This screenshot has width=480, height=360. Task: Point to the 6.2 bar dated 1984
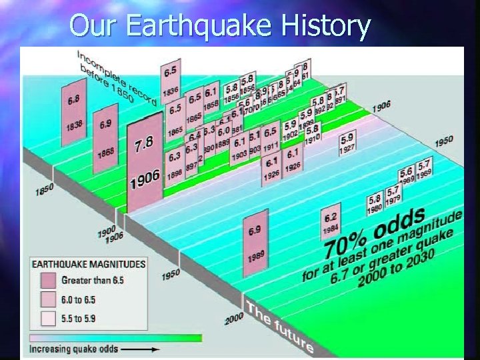(x=330, y=223)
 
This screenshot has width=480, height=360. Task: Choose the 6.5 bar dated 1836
(x=170, y=79)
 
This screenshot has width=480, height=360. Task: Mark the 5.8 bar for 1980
(x=375, y=203)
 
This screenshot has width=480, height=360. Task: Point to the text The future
(x=279, y=327)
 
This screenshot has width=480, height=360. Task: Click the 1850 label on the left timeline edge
(x=45, y=190)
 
